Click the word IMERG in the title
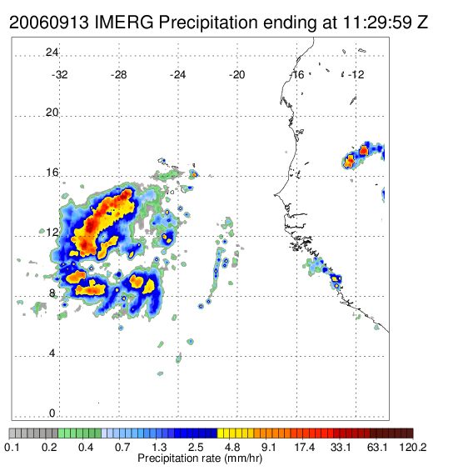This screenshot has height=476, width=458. point(124,23)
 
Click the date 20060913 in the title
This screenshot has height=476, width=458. point(49,23)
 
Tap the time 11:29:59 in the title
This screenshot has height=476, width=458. point(376,23)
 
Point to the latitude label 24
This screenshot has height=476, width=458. point(52,53)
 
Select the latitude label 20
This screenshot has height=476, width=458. point(52,113)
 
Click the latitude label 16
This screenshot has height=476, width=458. point(52,173)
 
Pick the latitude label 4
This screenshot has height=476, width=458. point(52,353)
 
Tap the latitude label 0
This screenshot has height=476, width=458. point(52,413)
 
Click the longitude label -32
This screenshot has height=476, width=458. point(59,74)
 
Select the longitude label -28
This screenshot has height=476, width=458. point(118,74)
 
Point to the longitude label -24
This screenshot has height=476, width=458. point(177,74)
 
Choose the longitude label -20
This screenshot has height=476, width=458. point(236,74)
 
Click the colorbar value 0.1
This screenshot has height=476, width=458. point(12,447)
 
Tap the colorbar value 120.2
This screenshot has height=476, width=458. point(413,447)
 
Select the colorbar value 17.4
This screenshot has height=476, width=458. point(305,447)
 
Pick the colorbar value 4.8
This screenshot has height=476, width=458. point(232,447)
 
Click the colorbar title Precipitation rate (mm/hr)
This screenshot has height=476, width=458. point(200,458)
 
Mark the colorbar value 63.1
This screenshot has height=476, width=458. point(377,447)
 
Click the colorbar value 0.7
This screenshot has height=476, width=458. point(122,447)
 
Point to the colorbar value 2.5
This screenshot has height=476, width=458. point(196,447)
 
